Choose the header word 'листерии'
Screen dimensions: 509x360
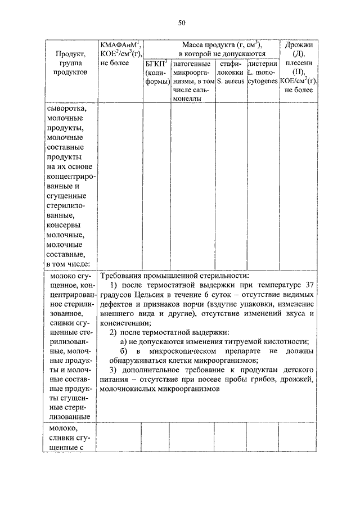coord(263,64)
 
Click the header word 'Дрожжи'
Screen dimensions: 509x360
coord(299,45)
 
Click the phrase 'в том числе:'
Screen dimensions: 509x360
coord(70,265)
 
